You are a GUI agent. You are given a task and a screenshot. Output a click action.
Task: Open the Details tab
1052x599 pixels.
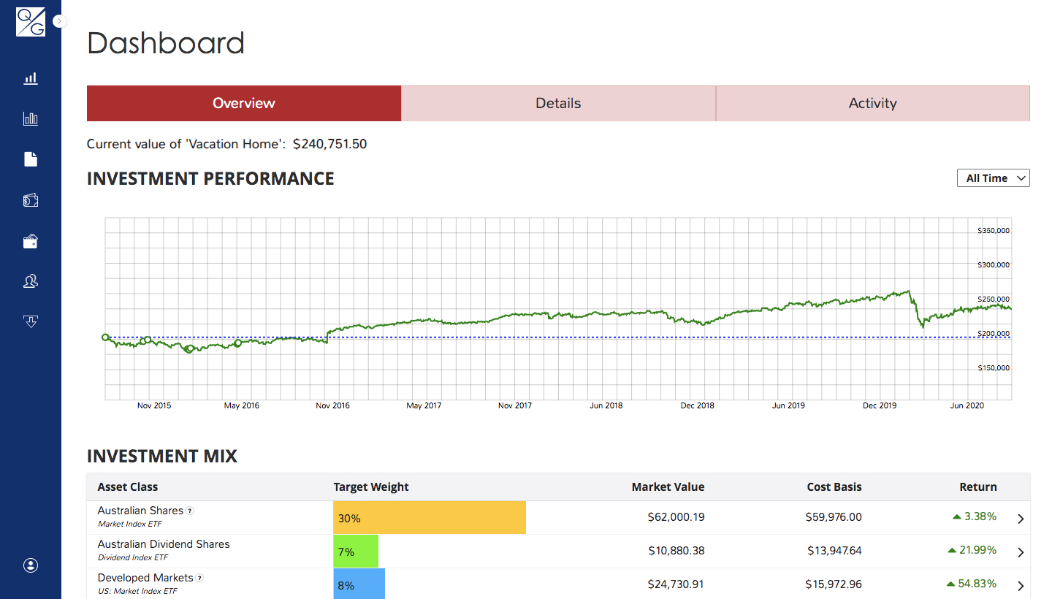coord(558,103)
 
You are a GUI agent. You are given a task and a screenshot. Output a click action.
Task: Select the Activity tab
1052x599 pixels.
coord(872,103)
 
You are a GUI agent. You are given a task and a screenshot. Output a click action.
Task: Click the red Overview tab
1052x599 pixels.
coord(244,103)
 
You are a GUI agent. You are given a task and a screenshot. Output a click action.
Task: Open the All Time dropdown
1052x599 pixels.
coord(994,178)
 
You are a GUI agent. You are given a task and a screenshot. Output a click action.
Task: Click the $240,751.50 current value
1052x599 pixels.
coord(329,144)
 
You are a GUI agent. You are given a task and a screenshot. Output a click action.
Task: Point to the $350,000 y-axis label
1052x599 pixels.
coord(994,231)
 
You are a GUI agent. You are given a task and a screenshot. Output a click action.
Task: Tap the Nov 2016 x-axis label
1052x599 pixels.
coord(332,405)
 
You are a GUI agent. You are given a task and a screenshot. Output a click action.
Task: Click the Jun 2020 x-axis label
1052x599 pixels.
coord(967,405)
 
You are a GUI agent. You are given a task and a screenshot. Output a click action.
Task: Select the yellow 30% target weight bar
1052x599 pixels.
coord(430,517)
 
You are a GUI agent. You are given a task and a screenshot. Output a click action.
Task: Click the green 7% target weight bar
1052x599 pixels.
coord(356,551)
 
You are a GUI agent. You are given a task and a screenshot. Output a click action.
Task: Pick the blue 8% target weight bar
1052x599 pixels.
coord(359,584)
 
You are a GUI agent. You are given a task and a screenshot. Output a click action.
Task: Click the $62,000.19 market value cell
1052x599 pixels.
coord(676,517)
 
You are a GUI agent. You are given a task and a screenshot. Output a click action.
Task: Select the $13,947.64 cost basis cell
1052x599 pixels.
coord(834,551)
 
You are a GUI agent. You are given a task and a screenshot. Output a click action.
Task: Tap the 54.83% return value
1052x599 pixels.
coord(977,584)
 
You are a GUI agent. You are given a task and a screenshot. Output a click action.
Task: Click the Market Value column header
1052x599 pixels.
coord(668,487)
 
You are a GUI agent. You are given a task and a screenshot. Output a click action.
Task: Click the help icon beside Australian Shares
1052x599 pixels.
coord(190,511)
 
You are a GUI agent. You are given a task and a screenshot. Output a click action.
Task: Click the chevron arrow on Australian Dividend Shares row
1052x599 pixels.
coord(1021,552)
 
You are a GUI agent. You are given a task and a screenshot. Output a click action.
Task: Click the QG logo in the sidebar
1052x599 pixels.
coord(31,22)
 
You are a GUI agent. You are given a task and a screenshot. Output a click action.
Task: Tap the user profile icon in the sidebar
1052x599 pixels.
coord(31,565)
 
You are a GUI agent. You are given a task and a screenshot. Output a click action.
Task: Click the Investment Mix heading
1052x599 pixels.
coord(162,456)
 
